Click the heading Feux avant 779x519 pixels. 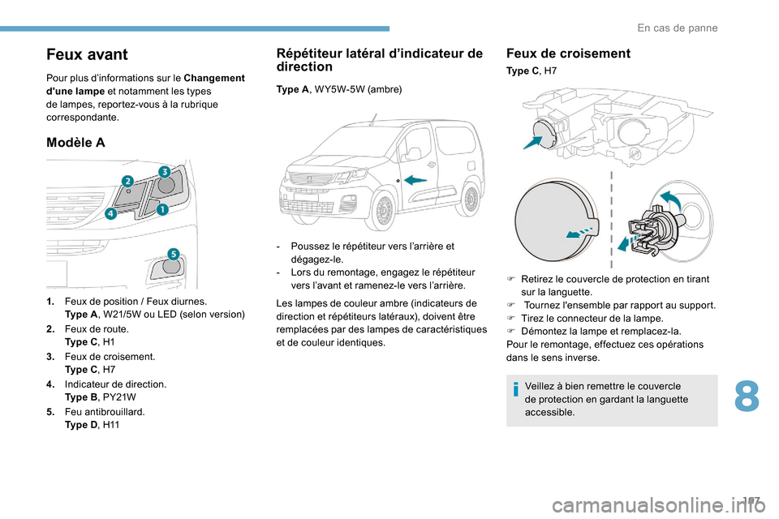coord(88,55)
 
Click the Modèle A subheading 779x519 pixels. coord(76,143)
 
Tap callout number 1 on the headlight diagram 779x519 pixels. coord(162,209)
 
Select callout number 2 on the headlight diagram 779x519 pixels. coord(127,179)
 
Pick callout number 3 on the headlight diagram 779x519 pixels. coord(164,171)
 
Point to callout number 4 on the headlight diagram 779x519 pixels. coord(110,214)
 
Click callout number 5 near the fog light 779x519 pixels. coord(172,253)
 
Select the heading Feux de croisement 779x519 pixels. coord(568,54)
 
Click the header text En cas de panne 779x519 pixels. coord(677,28)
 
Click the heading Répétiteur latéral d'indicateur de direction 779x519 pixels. coord(379,60)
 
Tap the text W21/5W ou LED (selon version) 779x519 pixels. coord(174,313)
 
